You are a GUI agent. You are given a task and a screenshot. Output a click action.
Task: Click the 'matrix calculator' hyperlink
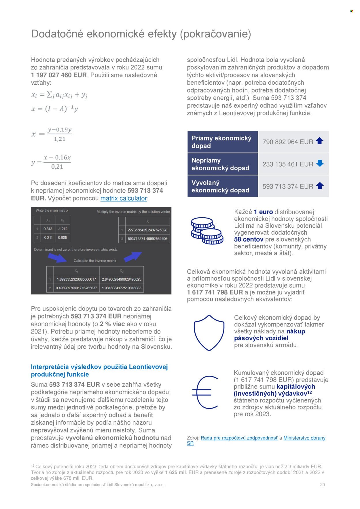click(124, 198)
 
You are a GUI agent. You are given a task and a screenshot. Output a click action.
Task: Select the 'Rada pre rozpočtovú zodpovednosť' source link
click(239, 438)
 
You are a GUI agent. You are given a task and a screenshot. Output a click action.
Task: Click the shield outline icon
click(209, 333)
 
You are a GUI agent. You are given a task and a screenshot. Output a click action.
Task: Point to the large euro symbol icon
click(205, 392)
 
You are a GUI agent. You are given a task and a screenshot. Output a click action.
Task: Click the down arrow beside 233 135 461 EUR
click(320, 163)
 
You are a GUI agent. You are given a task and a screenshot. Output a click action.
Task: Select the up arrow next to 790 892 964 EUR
click(319, 141)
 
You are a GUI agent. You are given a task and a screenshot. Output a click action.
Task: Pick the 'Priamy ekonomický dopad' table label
click(221, 142)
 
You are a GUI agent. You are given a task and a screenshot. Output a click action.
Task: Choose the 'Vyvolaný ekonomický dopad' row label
click(220, 187)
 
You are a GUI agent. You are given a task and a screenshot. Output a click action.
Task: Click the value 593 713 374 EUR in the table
click(288, 187)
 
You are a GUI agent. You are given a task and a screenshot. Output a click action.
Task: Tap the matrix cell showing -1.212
click(62, 229)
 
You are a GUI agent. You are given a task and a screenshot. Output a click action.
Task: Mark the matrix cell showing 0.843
click(48, 229)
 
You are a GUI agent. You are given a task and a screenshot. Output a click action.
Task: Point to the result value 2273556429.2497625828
click(147, 230)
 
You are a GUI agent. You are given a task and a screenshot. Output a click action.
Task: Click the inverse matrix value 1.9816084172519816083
click(122, 288)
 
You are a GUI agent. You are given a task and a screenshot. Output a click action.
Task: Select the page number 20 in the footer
click(322, 485)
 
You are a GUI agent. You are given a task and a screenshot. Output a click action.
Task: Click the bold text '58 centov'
click(249, 240)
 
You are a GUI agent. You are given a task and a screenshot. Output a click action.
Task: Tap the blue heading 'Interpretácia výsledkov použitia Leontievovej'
click(99, 367)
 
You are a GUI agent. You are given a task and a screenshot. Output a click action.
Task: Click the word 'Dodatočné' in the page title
click(57, 34)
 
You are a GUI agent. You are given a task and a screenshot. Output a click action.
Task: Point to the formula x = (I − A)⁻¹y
click(55, 109)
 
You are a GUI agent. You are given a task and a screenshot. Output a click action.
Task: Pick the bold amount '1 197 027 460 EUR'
click(59, 75)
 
